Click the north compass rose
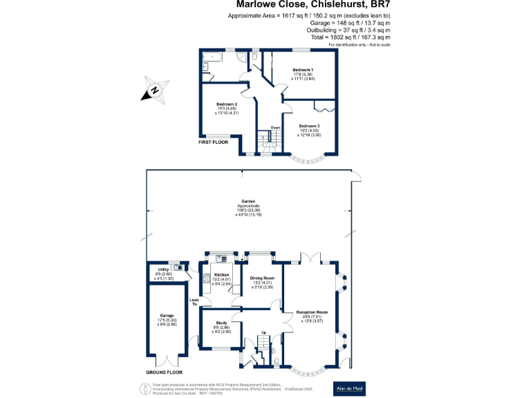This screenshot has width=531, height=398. tap(155, 91)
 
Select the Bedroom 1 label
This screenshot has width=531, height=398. tap(302, 70)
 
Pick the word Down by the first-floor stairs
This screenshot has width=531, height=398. tap(275, 127)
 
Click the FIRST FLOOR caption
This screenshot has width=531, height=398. tap(214, 142)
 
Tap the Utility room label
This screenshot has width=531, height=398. tap(163, 269)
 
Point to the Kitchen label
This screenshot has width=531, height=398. tap(222, 275)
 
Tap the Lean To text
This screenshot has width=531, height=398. tap(194, 301)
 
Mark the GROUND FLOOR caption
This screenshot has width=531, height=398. tap(165, 372)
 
